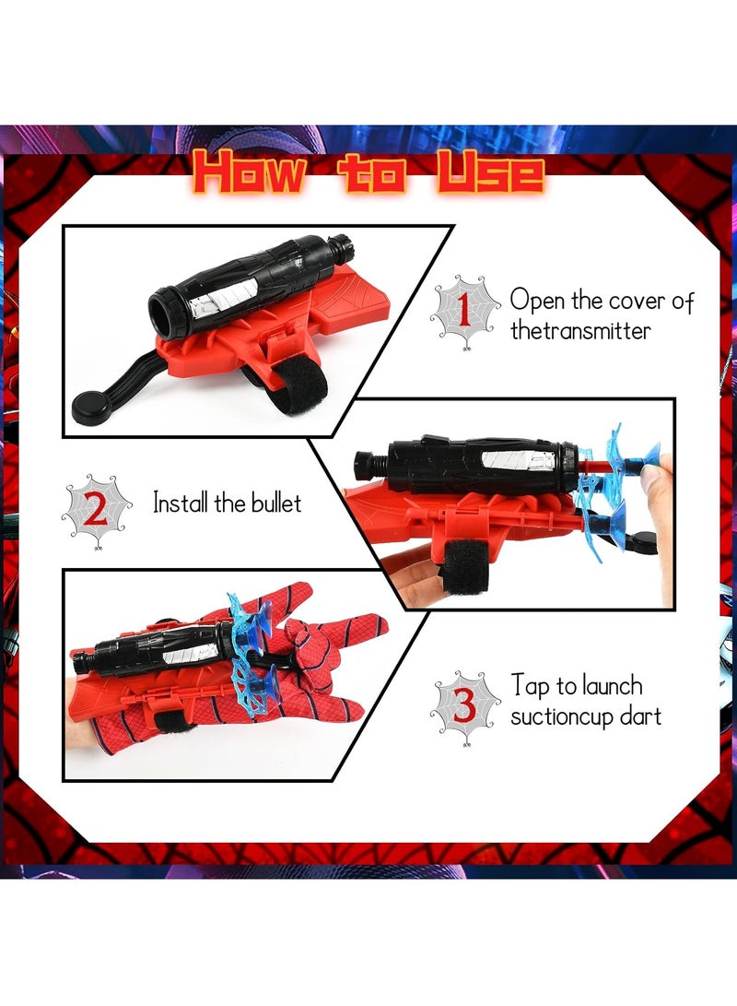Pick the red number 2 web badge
point(96,509)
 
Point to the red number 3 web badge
point(463,706)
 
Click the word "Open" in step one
point(543,301)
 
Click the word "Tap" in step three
point(530,687)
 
